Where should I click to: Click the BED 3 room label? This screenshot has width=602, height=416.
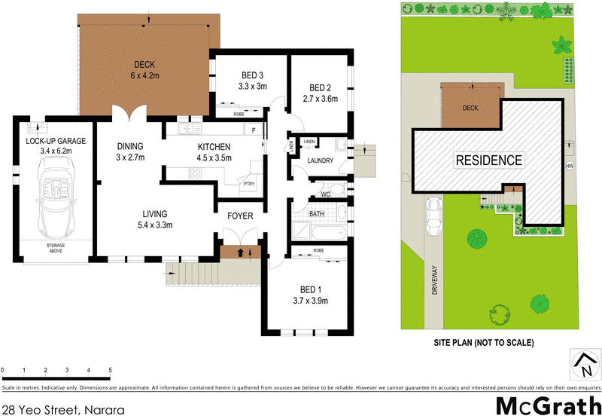point(252,75)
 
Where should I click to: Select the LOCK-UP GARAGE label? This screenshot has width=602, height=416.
point(56,141)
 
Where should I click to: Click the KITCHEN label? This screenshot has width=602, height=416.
point(214,147)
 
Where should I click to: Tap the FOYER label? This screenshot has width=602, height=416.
point(240,216)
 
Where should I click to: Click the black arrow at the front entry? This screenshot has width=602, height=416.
point(240,252)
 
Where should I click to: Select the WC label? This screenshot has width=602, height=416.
point(325,194)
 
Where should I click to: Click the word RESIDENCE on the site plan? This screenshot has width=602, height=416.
point(488,160)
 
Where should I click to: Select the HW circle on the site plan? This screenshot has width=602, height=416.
point(569,167)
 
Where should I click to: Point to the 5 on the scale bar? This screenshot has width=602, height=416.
point(110,370)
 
